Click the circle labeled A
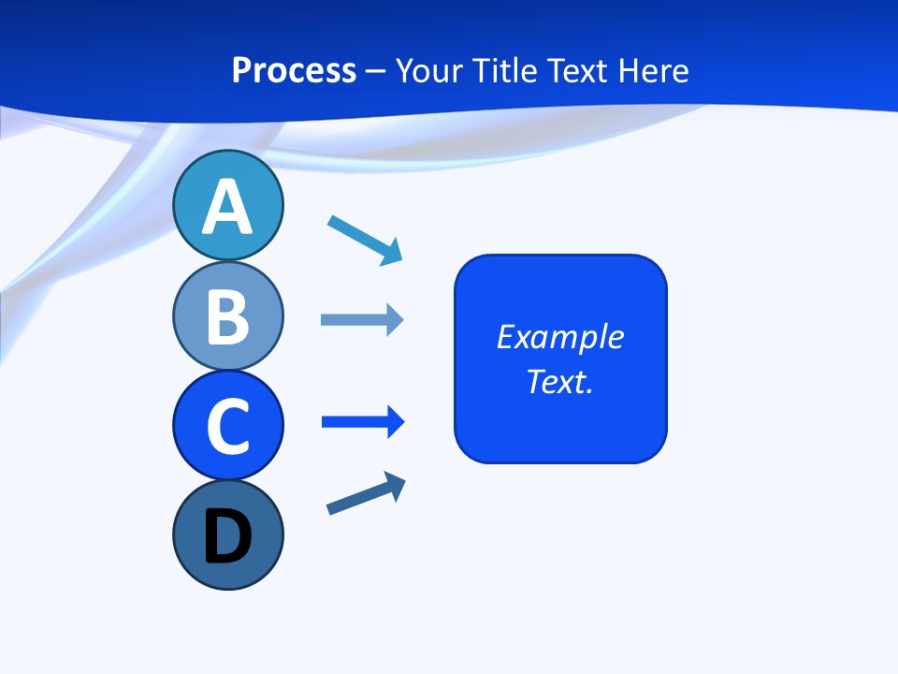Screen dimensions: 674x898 (x=227, y=205)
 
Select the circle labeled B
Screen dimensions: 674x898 (x=227, y=315)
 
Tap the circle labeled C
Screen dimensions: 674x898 (x=227, y=425)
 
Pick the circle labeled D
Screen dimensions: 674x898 (x=227, y=535)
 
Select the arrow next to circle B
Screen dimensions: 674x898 (x=362, y=320)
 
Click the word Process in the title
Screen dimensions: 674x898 (x=294, y=70)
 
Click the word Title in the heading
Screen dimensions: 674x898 (x=503, y=70)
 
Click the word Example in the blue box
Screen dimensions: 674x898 (x=560, y=337)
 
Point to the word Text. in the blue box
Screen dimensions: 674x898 (x=560, y=382)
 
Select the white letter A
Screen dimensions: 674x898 (x=227, y=207)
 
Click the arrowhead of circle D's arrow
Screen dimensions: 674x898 (x=396, y=485)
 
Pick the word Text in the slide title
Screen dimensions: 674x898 (x=581, y=70)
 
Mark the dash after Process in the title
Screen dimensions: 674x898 (x=376, y=71)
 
